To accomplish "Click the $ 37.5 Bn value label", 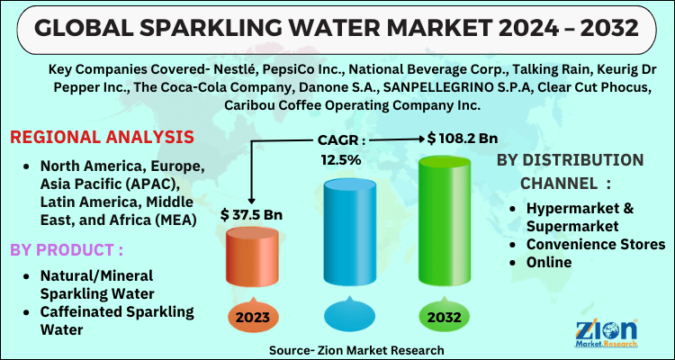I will (251, 214).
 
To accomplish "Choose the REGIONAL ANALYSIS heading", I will (102, 138).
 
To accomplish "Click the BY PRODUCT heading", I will (67, 247).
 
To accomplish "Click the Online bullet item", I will (550, 262).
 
